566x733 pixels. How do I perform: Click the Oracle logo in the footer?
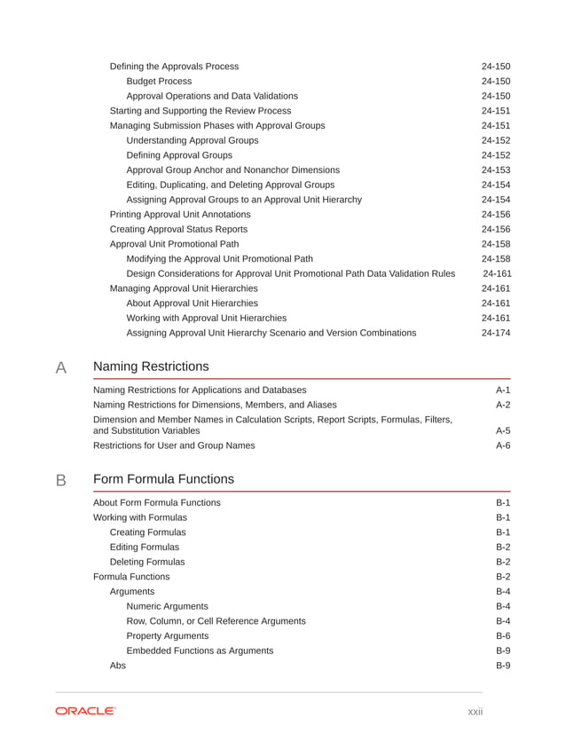point(85,711)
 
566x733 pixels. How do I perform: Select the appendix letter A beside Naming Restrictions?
point(61,367)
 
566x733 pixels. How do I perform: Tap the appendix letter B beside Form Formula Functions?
point(61,480)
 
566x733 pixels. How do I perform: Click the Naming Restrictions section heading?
point(151,366)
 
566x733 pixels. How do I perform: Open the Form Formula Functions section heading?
point(163,479)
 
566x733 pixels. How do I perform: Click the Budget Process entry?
point(159,81)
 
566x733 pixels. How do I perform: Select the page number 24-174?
point(496,333)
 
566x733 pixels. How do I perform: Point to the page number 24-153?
point(496,169)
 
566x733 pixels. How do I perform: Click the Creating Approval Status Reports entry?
point(178,229)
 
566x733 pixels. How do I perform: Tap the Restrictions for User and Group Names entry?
point(174,445)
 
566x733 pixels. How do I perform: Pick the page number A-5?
point(502,430)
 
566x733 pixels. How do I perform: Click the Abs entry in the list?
point(117,666)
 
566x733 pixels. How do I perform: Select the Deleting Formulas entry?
point(147,562)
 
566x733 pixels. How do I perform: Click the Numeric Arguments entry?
point(168,606)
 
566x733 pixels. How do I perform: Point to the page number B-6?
point(502,636)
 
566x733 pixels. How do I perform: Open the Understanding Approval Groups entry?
point(193,140)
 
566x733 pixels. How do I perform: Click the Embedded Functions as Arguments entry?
point(200,650)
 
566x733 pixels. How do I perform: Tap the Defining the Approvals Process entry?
point(174,67)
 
